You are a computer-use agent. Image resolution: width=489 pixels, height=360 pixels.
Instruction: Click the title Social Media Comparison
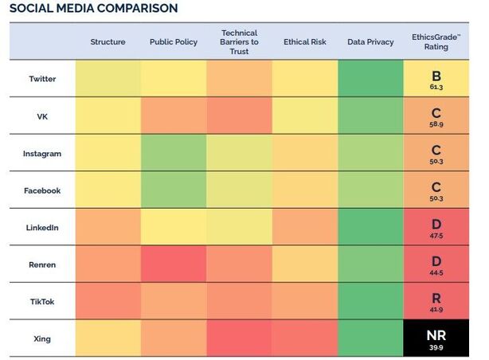pos(93,9)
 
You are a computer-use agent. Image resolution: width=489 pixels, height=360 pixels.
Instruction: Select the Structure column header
pos(108,42)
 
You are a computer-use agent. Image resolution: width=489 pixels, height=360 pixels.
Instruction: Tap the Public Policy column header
pos(173,42)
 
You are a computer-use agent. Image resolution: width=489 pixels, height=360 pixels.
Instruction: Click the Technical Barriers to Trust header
pos(239,42)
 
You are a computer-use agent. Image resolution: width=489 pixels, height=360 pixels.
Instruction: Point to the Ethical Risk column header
pos(304,42)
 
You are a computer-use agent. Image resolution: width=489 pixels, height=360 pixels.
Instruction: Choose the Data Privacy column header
pos(370,42)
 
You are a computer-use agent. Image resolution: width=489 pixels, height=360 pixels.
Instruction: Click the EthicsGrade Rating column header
pos(436,42)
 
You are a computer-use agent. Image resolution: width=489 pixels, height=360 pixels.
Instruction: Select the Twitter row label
pos(42,79)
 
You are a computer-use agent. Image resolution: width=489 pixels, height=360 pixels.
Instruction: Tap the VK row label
pos(42,116)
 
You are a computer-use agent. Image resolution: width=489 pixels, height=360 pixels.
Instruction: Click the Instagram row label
pos(42,154)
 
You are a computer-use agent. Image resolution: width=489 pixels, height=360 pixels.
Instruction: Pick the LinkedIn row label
pos(42,228)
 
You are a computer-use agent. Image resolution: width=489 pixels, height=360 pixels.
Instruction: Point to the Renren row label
pos(42,265)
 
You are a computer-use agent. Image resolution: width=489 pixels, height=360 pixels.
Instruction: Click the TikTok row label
pos(42,302)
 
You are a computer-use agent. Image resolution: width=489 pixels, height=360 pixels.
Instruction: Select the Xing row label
pos(42,339)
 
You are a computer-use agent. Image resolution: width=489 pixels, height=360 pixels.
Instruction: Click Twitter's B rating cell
pos(436,78)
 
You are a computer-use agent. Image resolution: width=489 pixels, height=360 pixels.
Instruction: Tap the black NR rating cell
pos(436,338)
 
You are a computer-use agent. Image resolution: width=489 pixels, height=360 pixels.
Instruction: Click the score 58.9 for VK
pos(436,126)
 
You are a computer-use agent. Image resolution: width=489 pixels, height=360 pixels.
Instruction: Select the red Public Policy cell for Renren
pos(173,265)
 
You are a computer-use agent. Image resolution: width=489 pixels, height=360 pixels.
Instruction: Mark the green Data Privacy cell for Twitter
pos(370,79)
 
